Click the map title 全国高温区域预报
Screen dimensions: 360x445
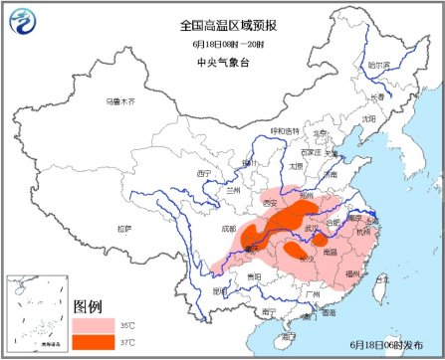(x=215, y=23)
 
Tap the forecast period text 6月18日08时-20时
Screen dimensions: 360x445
(x=215, y=44)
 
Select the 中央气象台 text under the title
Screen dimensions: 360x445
(x=215, y=65)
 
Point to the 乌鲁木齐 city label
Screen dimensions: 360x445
(x=120, y=102)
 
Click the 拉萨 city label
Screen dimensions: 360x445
(x=122, y=229)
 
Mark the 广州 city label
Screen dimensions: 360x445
(x=312, y=294)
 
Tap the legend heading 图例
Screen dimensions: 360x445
(x=91, y=305)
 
